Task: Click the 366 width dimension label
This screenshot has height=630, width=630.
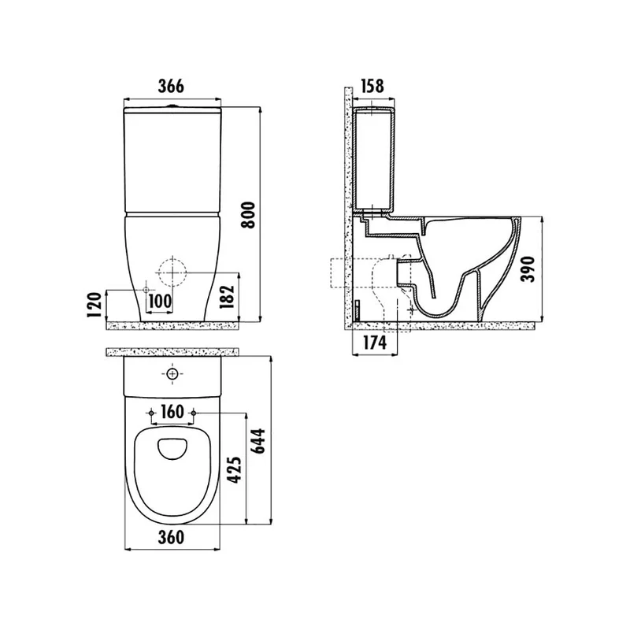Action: point(171,87)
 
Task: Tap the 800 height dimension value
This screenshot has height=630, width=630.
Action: point(248,215)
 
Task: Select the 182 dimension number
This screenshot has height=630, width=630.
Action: point(227,297)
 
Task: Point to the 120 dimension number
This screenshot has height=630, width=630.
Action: point(94,305)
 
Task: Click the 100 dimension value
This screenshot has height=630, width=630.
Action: point(160,301)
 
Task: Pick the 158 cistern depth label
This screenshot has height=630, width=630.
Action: point(372,87)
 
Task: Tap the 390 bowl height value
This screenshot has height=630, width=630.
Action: point(528,269)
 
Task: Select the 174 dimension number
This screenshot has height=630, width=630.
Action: point(375,343)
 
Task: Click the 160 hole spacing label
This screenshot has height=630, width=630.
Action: point(172,412)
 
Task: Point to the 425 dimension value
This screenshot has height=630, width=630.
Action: point(235,469)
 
